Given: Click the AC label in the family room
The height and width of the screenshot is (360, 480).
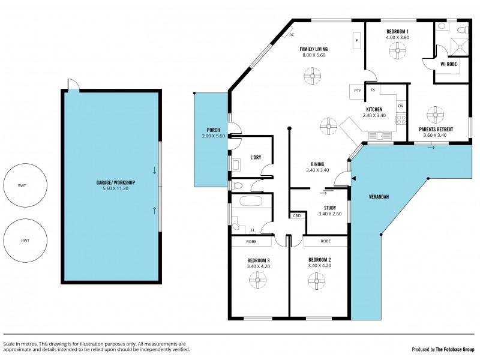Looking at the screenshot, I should [x=292, y=35].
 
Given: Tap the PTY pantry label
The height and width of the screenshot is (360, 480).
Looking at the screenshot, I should [x=358, y=91].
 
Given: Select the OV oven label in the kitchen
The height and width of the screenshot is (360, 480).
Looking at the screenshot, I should [x=400, y=106].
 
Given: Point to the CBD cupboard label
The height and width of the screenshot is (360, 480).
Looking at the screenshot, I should [x=296, y=215].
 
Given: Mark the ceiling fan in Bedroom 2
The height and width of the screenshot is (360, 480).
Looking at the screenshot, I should [x=314, y=279].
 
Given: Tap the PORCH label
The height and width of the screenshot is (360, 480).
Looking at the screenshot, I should [x=213, y=130].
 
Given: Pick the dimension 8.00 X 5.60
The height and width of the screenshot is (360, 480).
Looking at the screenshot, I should [x=314, y=55].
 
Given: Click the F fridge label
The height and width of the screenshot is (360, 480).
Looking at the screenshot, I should [x=357, y=41].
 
